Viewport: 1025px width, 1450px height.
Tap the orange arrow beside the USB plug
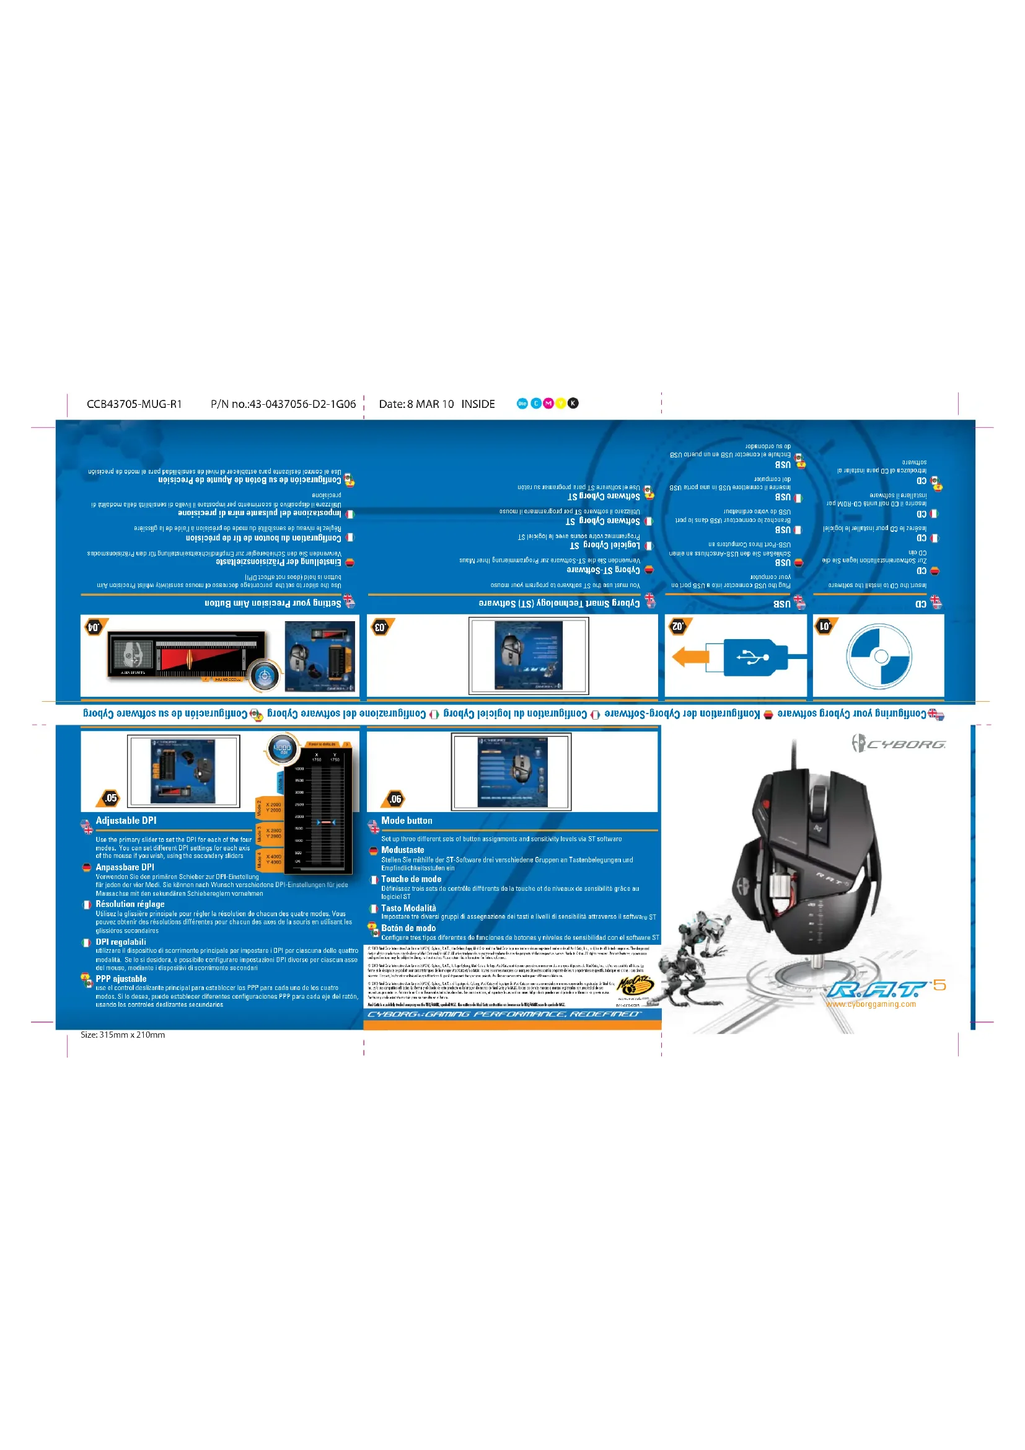(x=690, y=656)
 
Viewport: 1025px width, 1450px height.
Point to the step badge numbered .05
(x=110, y=798)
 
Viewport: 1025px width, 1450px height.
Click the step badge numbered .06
(x=395, y=799)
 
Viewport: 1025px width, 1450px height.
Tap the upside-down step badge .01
(x=825, y=626)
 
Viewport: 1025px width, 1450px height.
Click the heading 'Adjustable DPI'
(x=126, y=820)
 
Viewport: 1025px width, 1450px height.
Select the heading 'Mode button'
(x=407, y=820)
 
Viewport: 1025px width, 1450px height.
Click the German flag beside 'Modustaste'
(x=373, y=851)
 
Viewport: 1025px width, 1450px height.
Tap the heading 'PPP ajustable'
(x=121, y=979)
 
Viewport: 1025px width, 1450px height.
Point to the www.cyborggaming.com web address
(x=870, y=1004)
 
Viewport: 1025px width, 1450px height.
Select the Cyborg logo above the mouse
(x=898, y=743)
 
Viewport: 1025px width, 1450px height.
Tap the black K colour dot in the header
(x=573, y=403)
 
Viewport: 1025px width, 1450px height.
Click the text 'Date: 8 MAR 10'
(x=416, y=404)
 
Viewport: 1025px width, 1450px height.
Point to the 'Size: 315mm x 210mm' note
(x=123, y=1035)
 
